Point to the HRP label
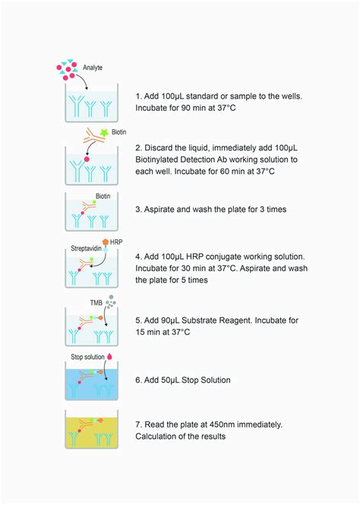click(x=116, y=242)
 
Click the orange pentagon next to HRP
click(x=105, y=242)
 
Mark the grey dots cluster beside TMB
click(x=112, y=303)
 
